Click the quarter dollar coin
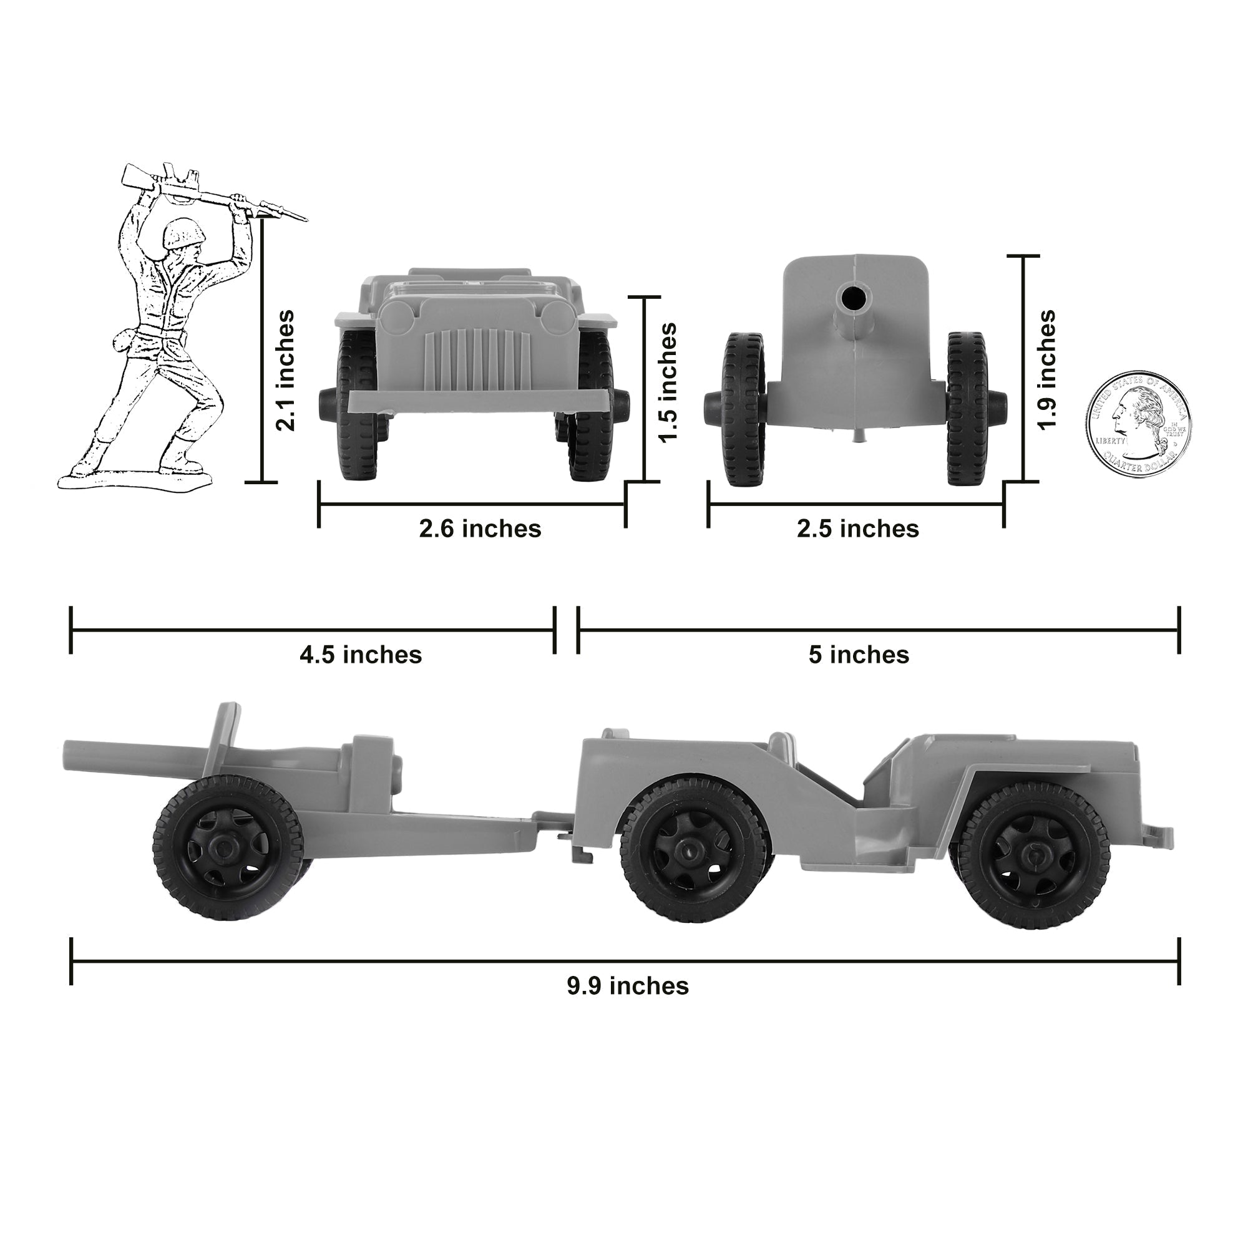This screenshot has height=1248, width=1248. [1138, 424]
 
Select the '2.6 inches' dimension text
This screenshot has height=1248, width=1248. [480, 529]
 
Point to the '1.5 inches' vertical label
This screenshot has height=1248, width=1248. [667, 383]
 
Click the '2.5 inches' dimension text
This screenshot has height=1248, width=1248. [857, 529]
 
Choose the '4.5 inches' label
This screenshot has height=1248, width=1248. [361, 655]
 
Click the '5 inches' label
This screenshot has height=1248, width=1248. [859, 655]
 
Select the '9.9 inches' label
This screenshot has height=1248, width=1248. [628, 987]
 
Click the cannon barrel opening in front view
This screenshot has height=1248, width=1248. [855, 298]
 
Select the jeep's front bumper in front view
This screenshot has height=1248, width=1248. [477, 401]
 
